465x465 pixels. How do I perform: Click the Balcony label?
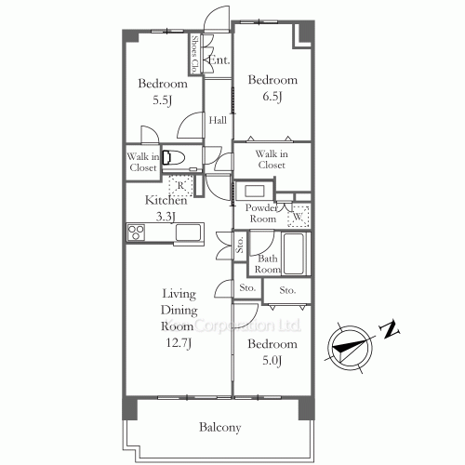point(220,428)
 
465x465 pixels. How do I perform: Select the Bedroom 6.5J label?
point(272,81)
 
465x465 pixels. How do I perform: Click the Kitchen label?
point(166,200)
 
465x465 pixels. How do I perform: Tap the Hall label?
point(218,121)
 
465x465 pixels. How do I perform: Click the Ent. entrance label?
point(220,60)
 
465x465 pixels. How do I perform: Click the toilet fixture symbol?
point(175,157)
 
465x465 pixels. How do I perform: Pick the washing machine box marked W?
point(299,218)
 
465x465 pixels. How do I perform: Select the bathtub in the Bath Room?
point(295,253)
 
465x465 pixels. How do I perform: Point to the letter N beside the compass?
point(392,328)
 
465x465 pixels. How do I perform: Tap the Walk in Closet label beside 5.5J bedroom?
point(143,162)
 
